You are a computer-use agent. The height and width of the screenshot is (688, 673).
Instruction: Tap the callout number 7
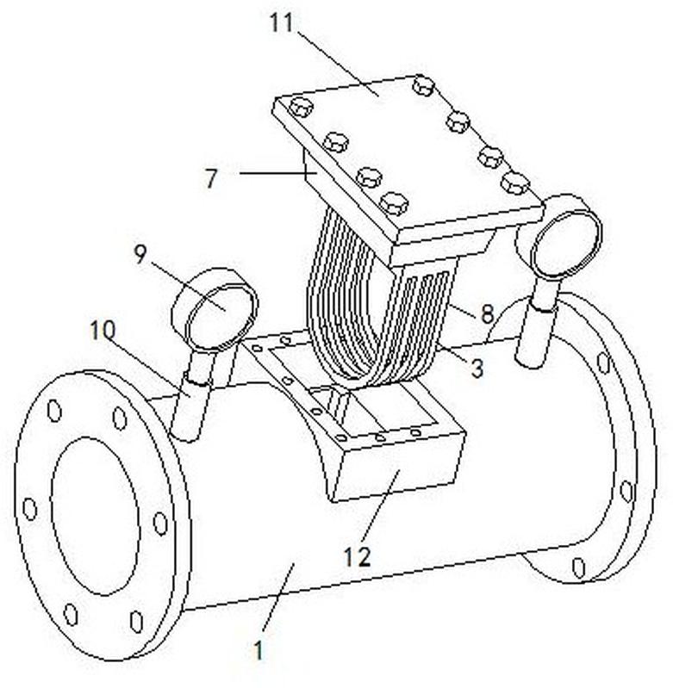click(212, 177)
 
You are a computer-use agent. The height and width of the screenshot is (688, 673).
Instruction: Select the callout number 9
click(140, 254)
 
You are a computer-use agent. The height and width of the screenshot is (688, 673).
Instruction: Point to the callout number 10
click(103, 330)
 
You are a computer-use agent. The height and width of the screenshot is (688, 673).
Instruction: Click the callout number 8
click(487, 314)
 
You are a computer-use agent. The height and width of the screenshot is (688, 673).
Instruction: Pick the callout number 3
click(477, 368)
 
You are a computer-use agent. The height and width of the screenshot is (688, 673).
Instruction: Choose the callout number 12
click(357, 557)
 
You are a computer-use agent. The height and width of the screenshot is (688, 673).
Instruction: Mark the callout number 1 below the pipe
click(259, 650)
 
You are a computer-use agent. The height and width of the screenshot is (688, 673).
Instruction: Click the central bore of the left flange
click(95, 516)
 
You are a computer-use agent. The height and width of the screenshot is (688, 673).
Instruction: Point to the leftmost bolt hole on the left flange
click(29, 509)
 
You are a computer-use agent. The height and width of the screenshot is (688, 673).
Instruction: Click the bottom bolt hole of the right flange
click(579, 567)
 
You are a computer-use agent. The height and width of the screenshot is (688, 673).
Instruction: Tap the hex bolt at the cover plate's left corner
click(301, 107)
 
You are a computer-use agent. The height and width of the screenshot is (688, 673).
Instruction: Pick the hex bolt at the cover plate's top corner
click(423, 84)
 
